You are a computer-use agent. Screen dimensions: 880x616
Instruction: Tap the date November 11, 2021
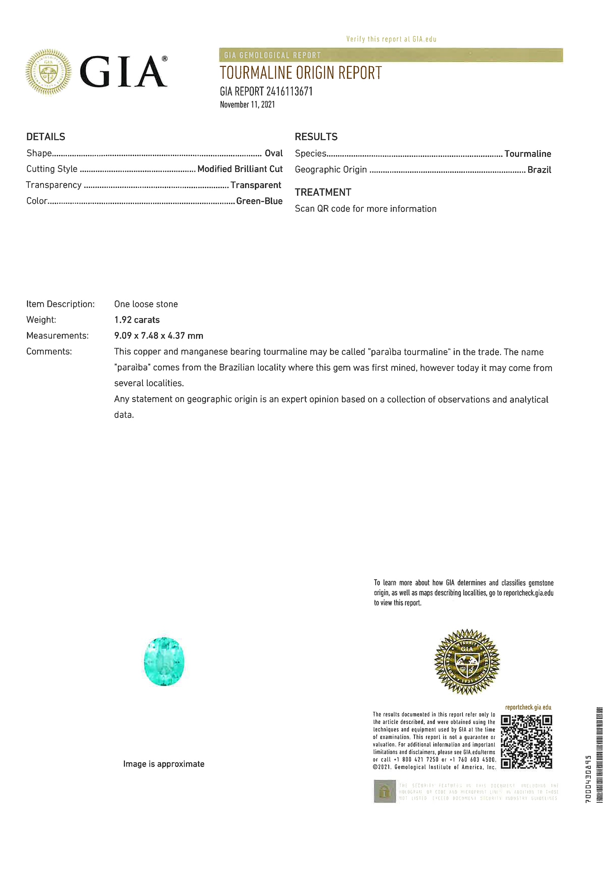(247, 104)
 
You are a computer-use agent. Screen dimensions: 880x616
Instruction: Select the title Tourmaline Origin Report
(301, 73)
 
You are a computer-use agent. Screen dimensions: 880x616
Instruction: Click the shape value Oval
(274, 153)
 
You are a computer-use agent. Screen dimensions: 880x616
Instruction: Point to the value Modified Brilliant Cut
(240, 169)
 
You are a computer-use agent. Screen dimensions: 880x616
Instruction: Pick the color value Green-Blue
(259, 201)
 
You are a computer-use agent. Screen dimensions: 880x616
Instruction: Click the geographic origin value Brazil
(539, 170)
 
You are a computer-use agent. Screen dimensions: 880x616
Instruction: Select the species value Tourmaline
(527, 154)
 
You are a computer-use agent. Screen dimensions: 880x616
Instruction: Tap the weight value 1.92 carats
(137, 320)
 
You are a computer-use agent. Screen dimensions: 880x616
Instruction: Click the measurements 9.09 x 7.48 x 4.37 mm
(159, 336)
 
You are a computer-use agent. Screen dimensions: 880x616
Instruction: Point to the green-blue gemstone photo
(164, 661)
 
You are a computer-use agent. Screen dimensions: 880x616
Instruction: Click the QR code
(526, 742)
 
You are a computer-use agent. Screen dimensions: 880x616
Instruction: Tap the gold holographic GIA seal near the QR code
(467, 661)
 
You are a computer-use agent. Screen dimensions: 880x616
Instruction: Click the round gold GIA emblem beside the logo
(48, 72)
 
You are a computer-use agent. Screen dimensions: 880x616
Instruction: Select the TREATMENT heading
(323, 192)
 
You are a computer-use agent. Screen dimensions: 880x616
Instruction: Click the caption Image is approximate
(163, 764)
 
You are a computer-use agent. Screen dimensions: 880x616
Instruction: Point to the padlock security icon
(384, 791)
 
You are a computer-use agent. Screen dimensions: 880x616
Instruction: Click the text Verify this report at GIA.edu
(391, 39)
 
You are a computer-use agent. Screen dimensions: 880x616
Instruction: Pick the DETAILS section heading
(46, 137)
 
